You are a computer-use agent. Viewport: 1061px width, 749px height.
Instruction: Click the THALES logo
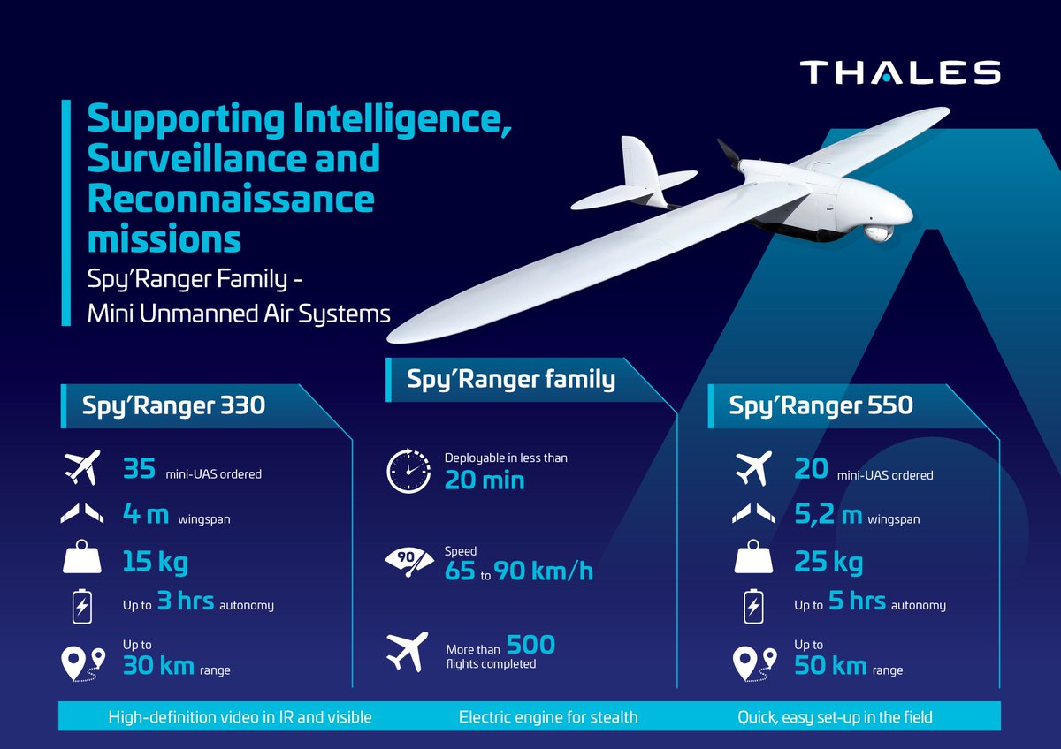pos(900,72)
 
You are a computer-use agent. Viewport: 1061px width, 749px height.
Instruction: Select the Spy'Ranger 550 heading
pos(821,405)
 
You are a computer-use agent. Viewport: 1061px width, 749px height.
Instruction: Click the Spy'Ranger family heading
pos(510,380)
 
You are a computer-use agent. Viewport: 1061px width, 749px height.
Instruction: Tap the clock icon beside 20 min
pos(408,471)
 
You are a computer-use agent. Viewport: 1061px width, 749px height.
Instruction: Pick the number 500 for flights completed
pos(530,646)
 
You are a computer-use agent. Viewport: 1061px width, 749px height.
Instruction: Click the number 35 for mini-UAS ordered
pos(140,469)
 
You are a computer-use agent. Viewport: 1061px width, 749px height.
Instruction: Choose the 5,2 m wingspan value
pos(827,515)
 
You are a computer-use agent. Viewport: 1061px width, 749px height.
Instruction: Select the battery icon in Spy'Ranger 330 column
pos(81,607)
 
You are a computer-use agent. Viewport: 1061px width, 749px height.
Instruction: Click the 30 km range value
pos(157,665)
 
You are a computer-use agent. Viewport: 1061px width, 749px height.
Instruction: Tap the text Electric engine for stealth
pos(548,717)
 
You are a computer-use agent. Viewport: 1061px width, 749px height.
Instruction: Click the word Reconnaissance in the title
pos(231,199)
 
